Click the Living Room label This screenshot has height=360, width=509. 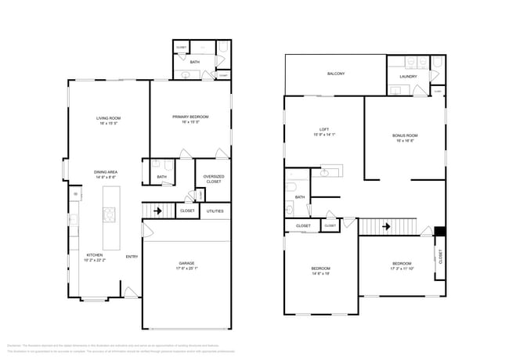pos(108,118)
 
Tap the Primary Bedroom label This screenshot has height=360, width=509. pos(190,117)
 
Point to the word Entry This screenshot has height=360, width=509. pos(132,257)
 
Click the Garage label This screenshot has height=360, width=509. pos(186,263)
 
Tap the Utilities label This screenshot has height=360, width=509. pos(215,211)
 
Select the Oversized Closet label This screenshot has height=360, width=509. pos(214,179)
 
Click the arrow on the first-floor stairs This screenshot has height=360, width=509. pos(157,211)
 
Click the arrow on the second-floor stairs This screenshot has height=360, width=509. pos(384,227)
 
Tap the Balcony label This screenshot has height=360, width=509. pos(335,74)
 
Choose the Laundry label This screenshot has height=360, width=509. pos(408,77)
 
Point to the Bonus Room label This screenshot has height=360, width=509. pos(405,135)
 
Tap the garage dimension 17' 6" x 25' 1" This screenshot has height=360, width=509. pos(186,268)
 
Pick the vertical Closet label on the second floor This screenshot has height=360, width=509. pos(440,257)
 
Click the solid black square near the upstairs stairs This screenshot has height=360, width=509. pos(439,232)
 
